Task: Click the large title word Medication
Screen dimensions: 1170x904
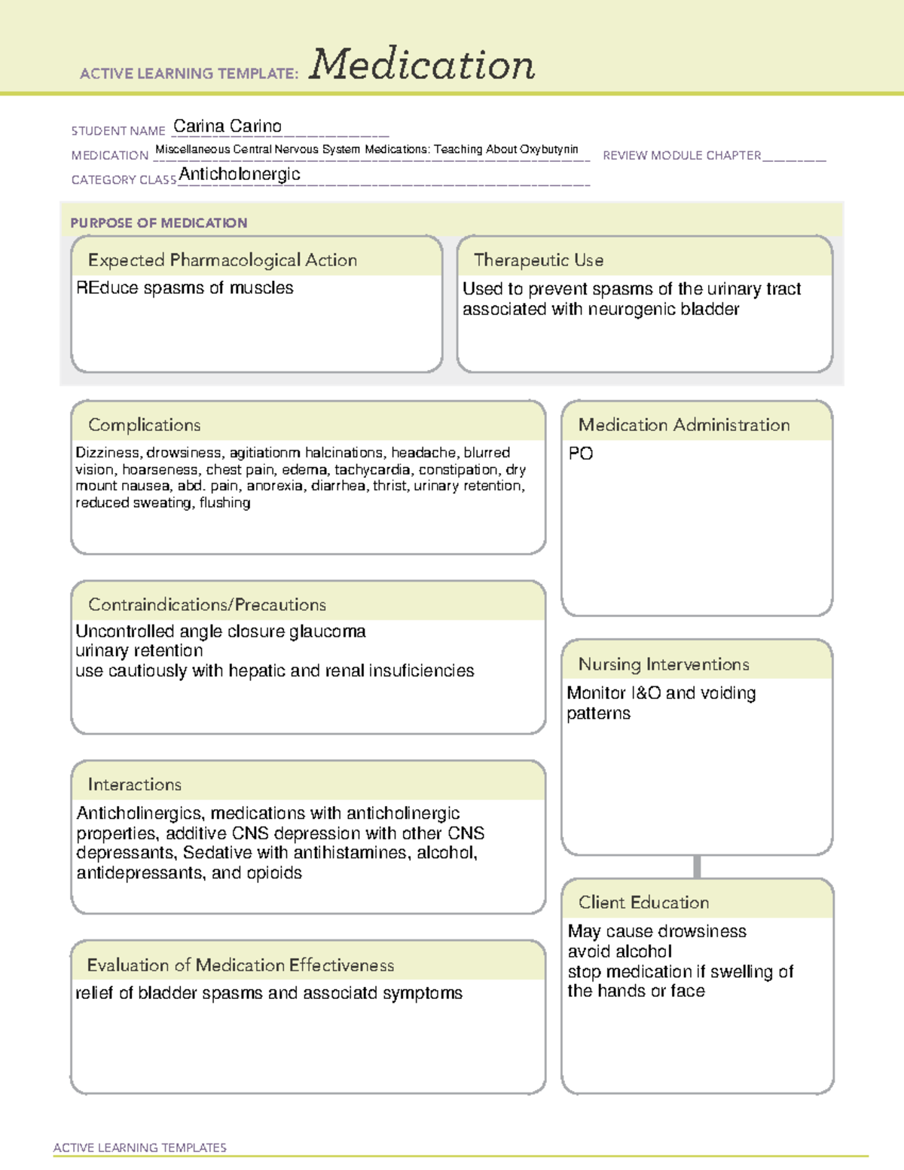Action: (x=422, y=65)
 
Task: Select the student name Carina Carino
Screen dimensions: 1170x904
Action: (x=228, y=127)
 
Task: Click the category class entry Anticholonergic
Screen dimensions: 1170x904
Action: (x=240, y=174)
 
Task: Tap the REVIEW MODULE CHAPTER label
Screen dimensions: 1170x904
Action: (x=682, y=155)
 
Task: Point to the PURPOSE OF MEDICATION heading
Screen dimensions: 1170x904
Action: (x=159, y=223)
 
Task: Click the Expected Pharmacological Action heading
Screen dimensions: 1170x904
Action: (x=222, y=260)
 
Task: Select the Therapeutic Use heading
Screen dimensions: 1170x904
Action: (x=539, y=260)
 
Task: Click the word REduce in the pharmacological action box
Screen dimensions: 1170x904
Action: (x=102, y=288)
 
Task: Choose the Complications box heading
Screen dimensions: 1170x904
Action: (x=145, y=425)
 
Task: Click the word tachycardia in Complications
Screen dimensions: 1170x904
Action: (x=374, y=469)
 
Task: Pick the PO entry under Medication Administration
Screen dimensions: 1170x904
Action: (x=581, y=454)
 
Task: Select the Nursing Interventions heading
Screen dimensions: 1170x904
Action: (x=664, y=664)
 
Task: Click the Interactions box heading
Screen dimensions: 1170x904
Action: (x=135, y=785)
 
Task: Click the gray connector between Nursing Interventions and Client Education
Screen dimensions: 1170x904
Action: (x=697, y=866)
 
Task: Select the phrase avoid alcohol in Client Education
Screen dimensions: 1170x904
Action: (x=619, y=952)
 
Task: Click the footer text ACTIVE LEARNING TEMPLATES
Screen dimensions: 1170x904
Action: (x=140, y=1147)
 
